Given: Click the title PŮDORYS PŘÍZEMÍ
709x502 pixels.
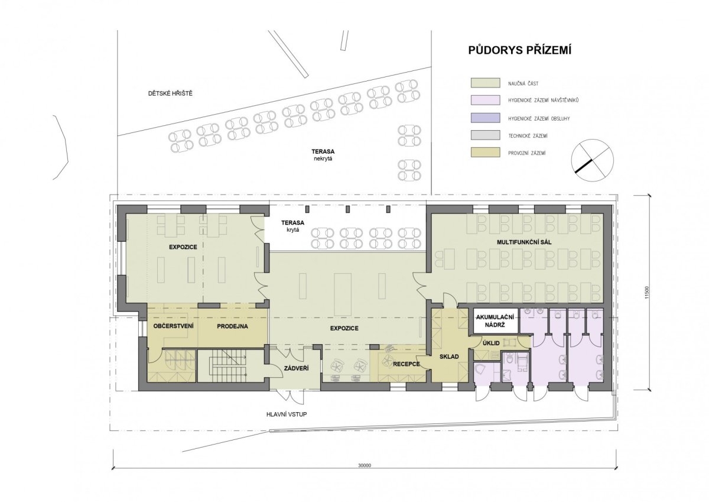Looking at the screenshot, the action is [520, 51].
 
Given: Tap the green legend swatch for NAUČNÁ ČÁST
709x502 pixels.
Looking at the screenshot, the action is [486, 83].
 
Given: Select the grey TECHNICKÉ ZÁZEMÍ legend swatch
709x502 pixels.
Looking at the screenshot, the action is [486, 135].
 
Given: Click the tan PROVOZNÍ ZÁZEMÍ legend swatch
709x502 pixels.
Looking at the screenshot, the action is [486, 153].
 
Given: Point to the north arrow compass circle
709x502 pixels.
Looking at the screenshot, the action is [592, 160].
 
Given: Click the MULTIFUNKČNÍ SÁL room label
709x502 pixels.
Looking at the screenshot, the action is [524, 242].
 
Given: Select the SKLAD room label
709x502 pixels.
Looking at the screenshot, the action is [449, 357].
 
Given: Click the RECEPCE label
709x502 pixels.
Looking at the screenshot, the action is [406, 364].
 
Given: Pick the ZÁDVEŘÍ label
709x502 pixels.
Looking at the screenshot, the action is [296, 368].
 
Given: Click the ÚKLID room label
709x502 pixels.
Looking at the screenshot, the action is [491, 344].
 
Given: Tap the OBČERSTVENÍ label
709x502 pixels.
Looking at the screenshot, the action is [173, 326].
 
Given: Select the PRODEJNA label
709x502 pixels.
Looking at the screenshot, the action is [232, 326].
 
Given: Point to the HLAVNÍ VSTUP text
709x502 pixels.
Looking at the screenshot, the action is [287, 414].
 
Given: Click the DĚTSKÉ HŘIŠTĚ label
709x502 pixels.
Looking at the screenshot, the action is [170, 93].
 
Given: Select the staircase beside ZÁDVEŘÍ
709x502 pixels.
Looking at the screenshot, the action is [230, 366].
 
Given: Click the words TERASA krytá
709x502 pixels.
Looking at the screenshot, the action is [292, 226].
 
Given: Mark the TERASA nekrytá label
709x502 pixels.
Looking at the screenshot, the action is [323, 155].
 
